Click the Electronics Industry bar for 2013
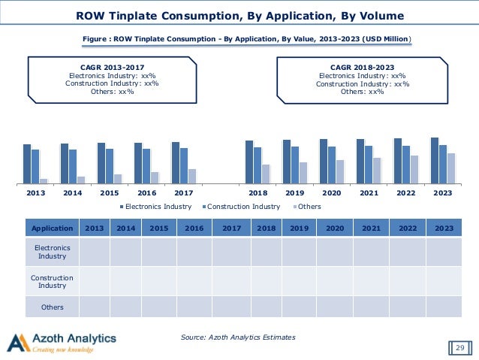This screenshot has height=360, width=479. (x=27, y=164)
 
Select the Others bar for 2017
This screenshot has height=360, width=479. (x=192, y=176)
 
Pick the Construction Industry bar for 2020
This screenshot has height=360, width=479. (x=332, y=165)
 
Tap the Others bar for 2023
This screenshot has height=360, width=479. (x=451, y=168)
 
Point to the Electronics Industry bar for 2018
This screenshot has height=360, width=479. (x=249, y=162)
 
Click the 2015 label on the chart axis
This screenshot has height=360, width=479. (x=110, y=193)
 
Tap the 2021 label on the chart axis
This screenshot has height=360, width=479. (x=369, y=193)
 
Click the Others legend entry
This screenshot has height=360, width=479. (x=309, y=207)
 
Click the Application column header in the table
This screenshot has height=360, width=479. (x=53, y=228)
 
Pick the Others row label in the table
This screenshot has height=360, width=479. (x=53, y=307)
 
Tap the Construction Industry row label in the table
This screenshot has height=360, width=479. (x=53, y=282)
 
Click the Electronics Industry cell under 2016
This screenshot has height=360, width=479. (x=194, y=253)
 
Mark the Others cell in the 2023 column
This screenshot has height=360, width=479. (x=443, y=307)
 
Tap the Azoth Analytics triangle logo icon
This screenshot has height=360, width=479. (x=17, y=342)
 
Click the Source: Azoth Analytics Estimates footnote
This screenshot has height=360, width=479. (x=238, y=337)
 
